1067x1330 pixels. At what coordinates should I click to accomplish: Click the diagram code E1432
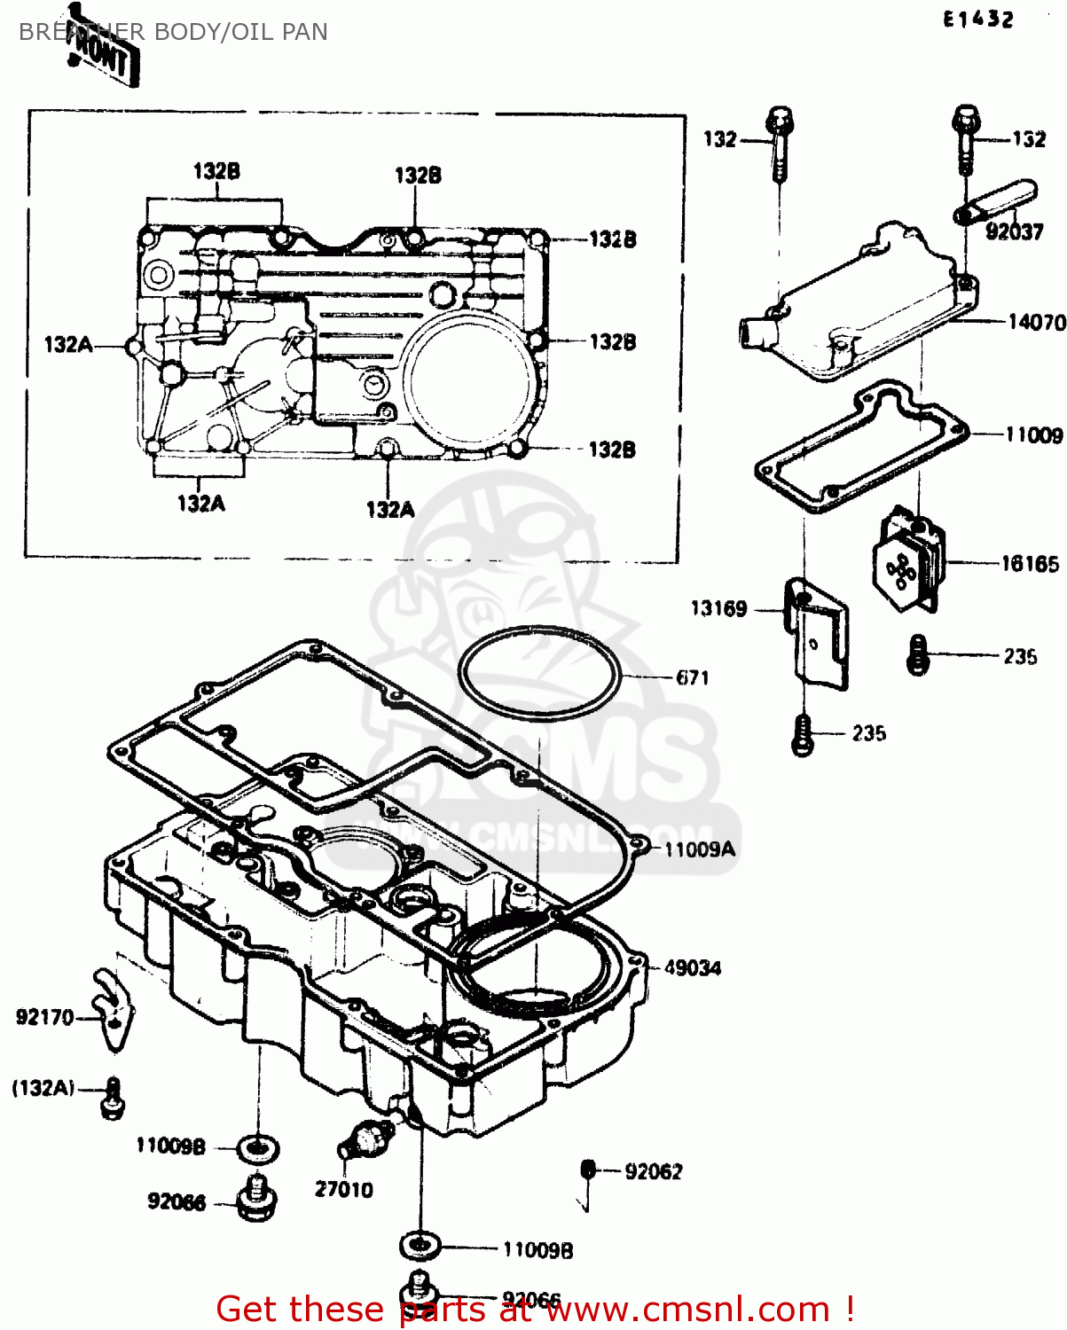[977, 19]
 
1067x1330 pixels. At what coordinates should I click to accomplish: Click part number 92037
[1014, 232]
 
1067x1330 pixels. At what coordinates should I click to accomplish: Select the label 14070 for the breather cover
[1036, 322]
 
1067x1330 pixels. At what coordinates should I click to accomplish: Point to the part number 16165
[1029, 564]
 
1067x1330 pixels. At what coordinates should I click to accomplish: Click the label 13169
[718, 608]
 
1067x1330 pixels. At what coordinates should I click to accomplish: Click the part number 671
[692, 677]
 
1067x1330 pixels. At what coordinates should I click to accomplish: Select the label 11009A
[699, 849]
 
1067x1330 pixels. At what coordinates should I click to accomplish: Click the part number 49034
[692, 968]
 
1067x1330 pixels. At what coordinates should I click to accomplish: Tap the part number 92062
[653, 1172]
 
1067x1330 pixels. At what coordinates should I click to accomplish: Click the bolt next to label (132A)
[113, 1098]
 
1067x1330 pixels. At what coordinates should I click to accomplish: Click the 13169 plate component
[817, 634]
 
